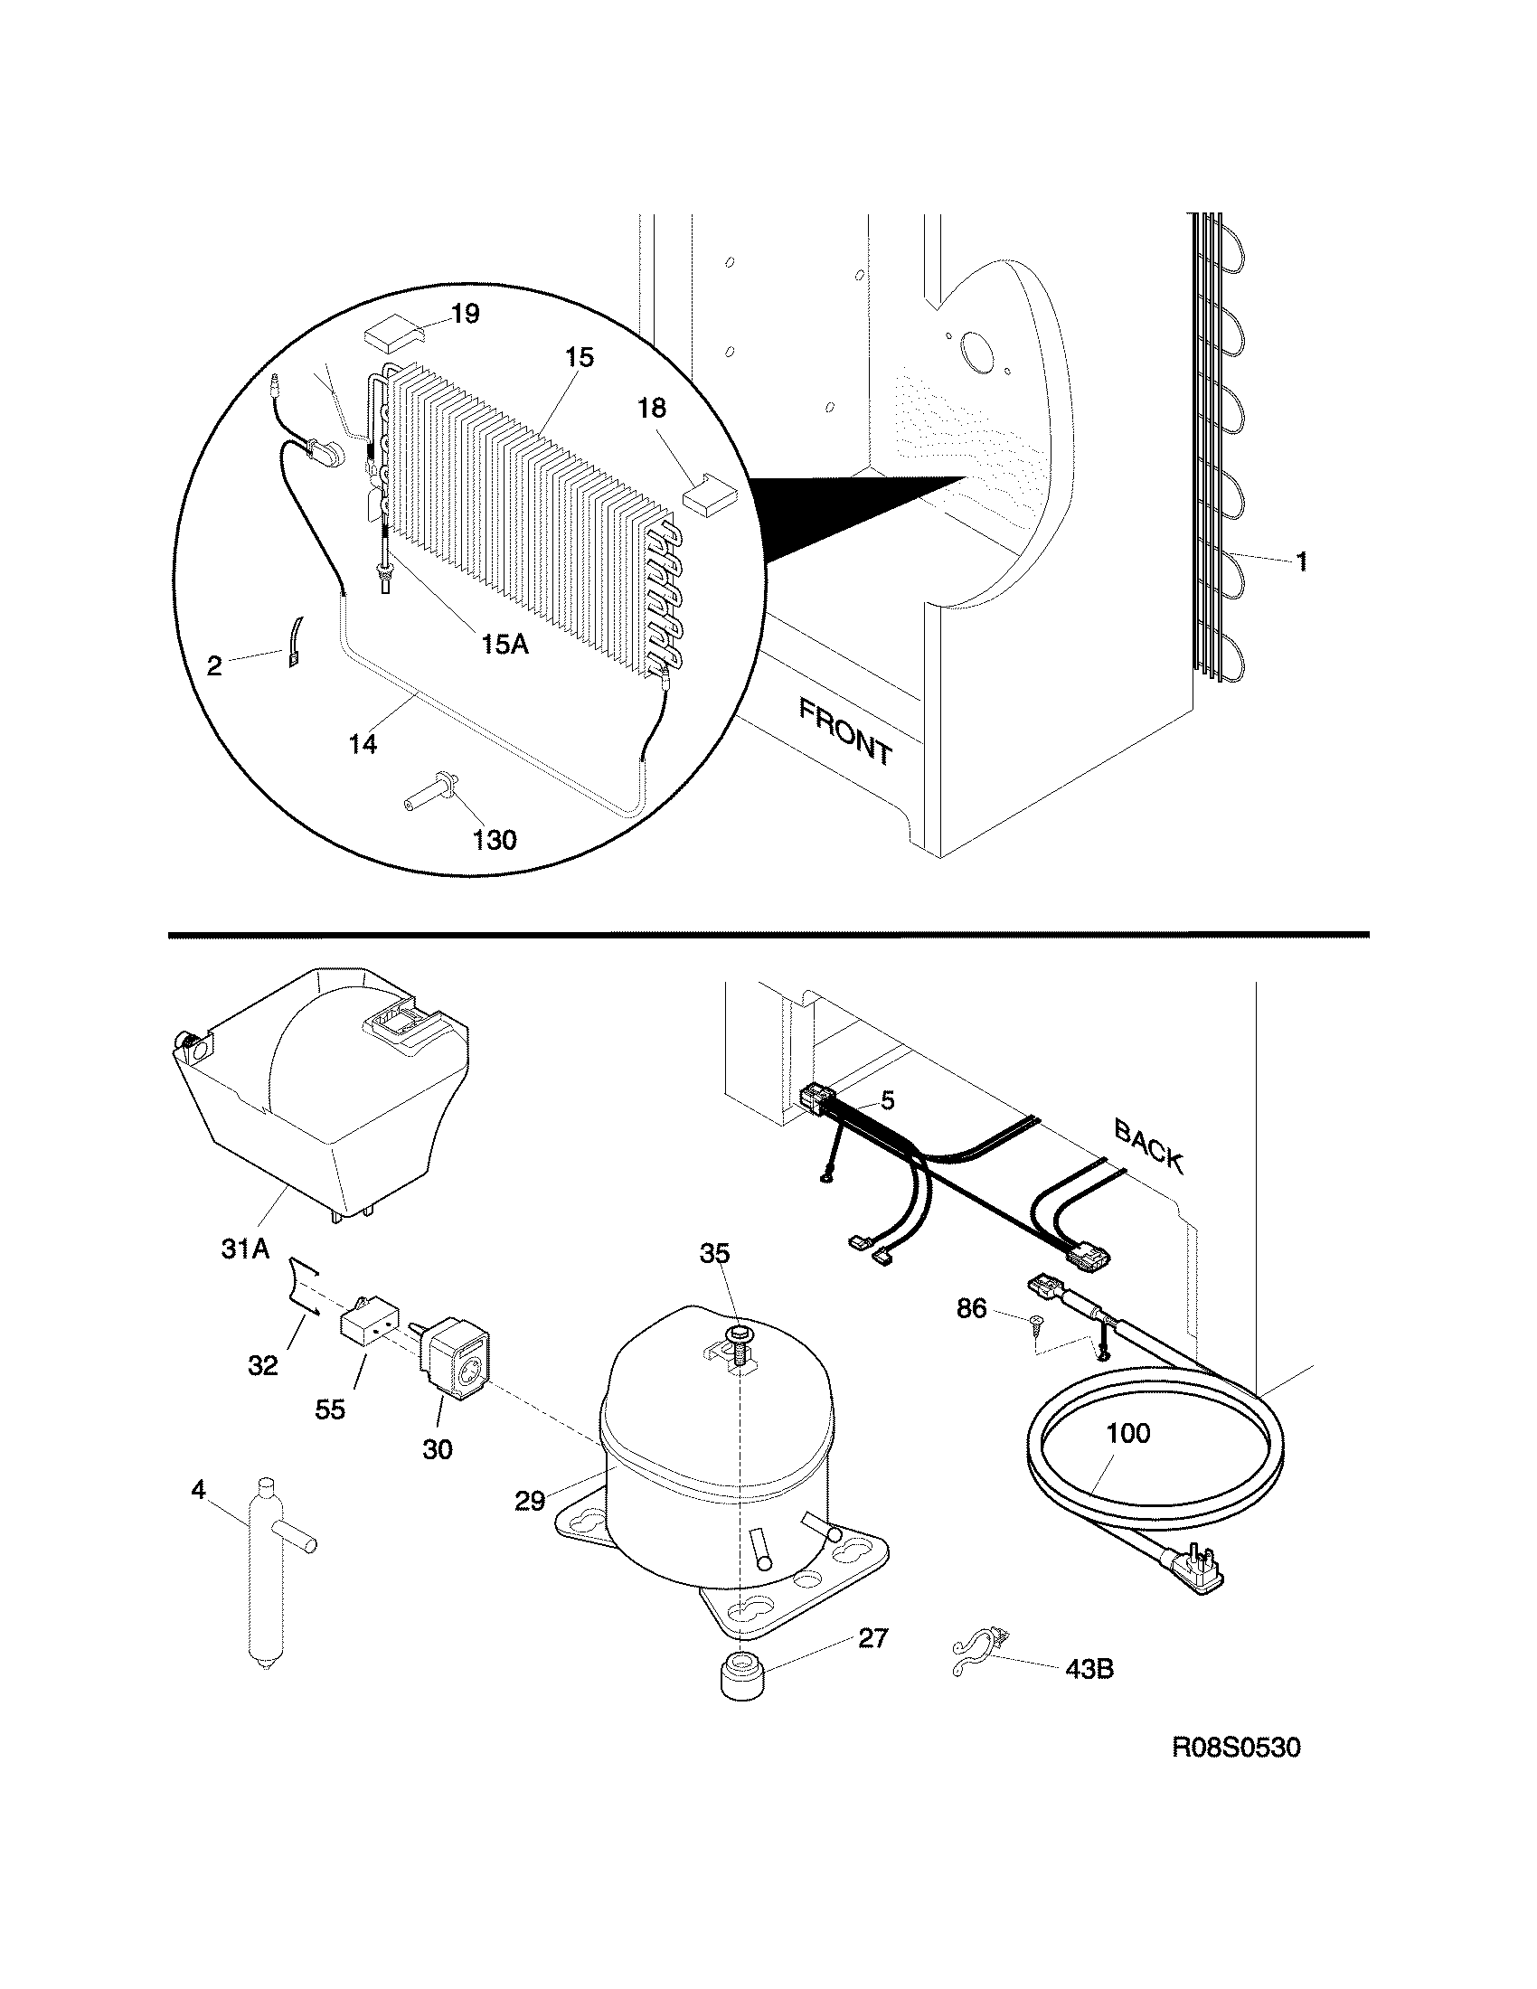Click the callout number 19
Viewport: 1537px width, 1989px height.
pos(465,315)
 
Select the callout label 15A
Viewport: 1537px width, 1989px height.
pos(504,645)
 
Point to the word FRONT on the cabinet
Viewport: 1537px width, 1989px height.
pos(846,731)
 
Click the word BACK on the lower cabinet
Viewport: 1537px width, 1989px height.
pos(1148,1146)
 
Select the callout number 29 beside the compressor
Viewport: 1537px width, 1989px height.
pos(530,1501)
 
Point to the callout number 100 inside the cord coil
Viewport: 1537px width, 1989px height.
pos(1128,1434)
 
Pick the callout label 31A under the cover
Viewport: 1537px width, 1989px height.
pos(245,1249)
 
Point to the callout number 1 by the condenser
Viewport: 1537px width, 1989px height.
pos(1302,562)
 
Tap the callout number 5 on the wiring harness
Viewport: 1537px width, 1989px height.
pos(888,1100)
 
